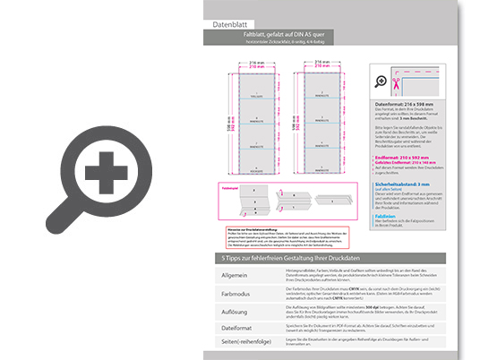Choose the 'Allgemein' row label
236,275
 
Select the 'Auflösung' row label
236,311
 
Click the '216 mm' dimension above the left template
253,61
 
